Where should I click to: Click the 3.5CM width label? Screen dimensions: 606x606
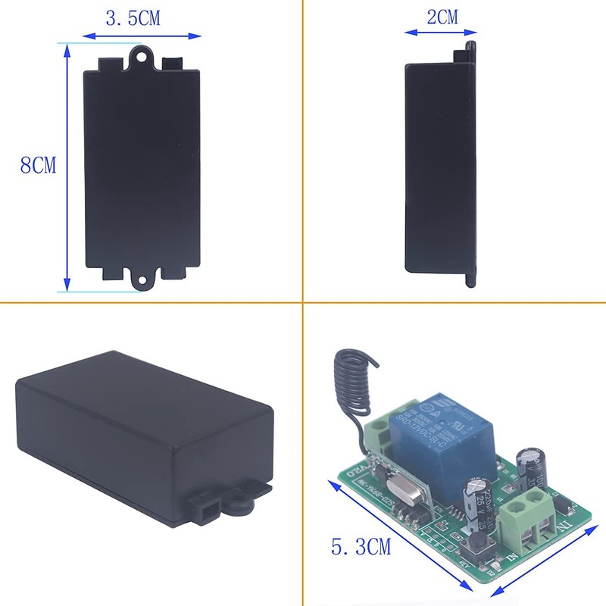(x=133, y=19)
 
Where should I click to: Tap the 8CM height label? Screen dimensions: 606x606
(x=39, y=165)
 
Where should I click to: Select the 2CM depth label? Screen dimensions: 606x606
(x=442, y=17)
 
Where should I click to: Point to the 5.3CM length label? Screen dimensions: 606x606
(x=361, y=545)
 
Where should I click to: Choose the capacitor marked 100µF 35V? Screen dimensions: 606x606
(x=527, y=464)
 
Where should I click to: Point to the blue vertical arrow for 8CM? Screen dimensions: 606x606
(x=67, y=167)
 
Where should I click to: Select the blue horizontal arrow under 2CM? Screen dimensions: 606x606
(x=440, y=33)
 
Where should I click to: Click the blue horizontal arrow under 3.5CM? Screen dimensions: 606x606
(x=142, y=35)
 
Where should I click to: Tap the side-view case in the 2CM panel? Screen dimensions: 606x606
(x=442, y=167)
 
